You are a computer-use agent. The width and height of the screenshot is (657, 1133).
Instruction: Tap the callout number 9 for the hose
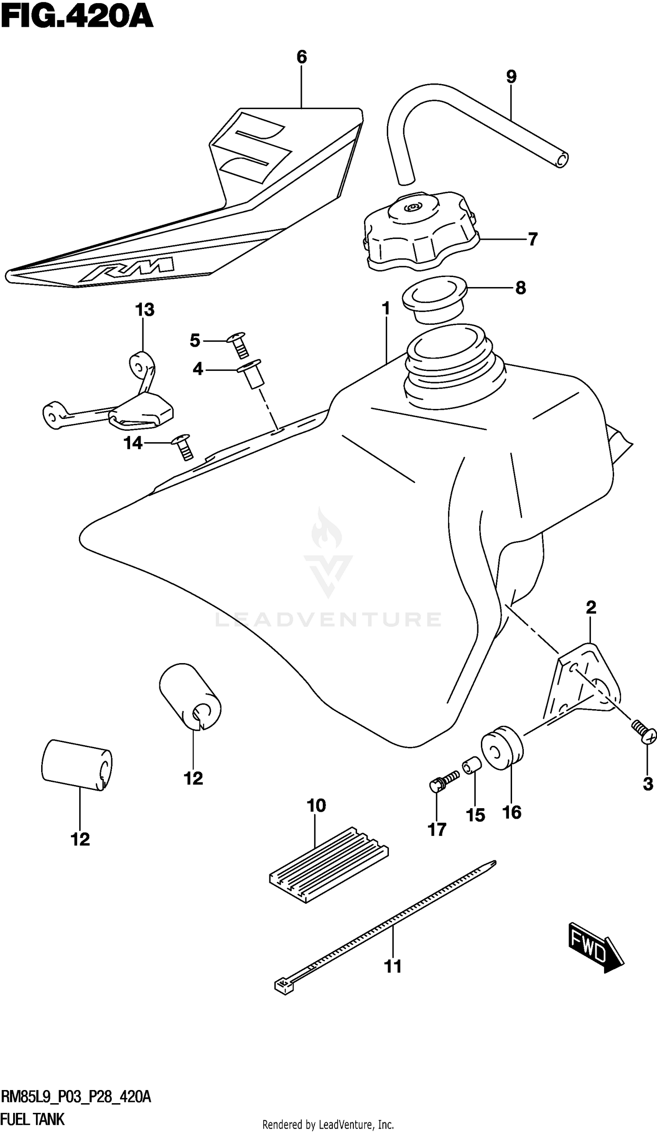(x=511, y=77)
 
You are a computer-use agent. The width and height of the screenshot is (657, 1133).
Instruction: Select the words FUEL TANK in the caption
(x=33, y=1119)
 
